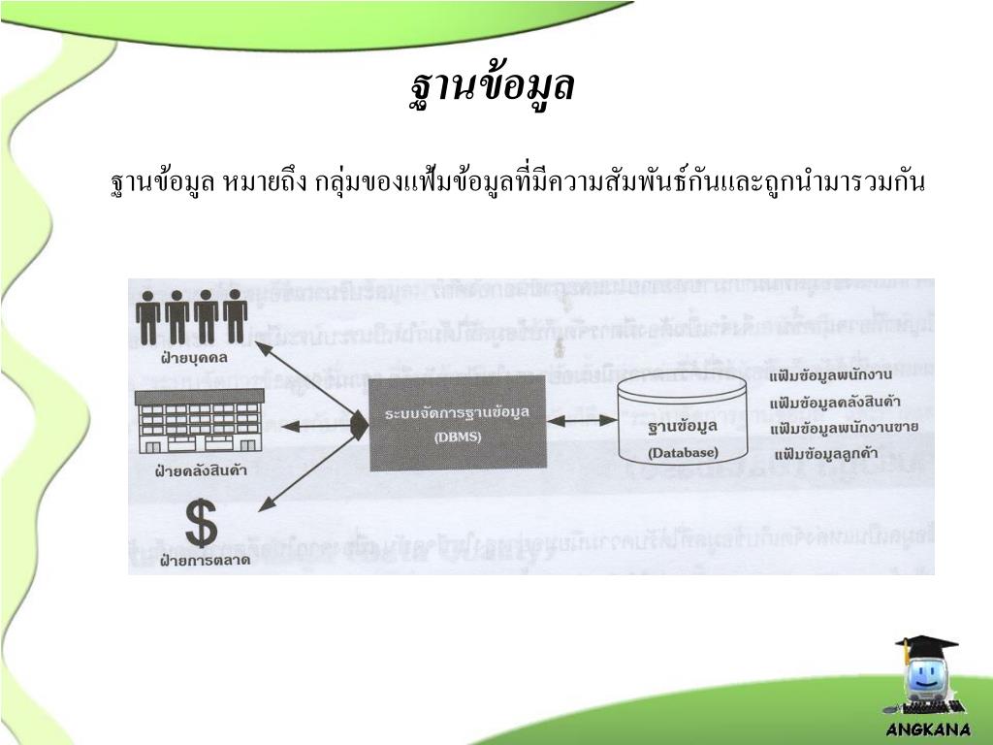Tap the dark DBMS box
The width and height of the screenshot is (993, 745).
pos(458,424)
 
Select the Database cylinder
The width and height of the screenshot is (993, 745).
pos(683,419)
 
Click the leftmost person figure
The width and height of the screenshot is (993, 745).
pos(148,316)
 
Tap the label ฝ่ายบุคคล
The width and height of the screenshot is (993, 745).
pos(194,358)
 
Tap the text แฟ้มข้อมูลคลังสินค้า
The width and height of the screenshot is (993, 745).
pos(834,403)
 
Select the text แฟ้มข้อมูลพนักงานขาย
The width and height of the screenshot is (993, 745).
pos(843,428)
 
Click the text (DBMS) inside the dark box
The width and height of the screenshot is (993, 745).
pos(457,437)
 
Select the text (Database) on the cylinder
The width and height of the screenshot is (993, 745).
pos(683,453)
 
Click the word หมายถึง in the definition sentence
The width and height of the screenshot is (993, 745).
pos(265,181)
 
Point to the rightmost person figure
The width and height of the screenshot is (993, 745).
pos(236,316)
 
